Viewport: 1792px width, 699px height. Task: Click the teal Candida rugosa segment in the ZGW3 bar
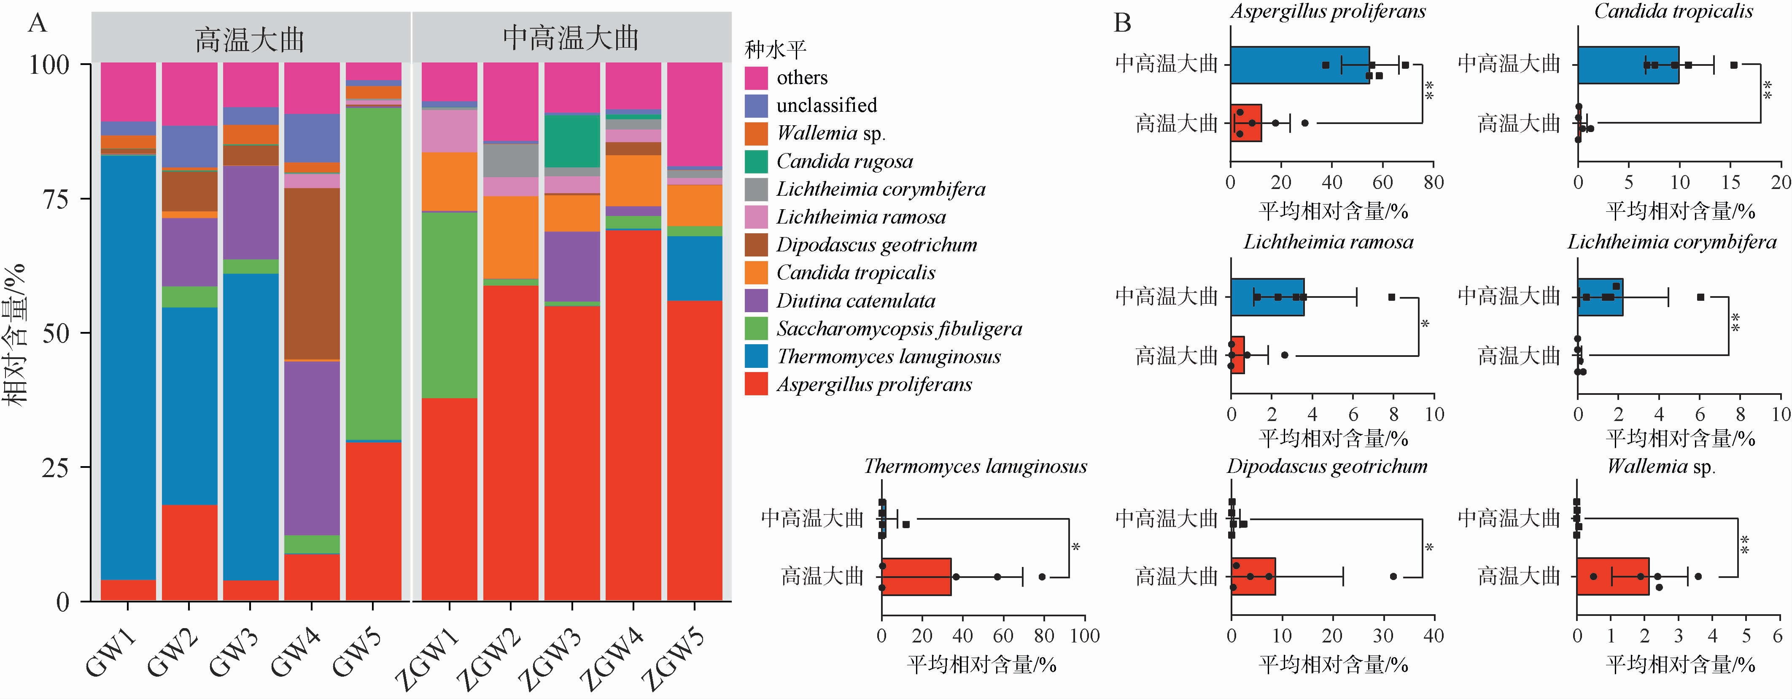click(x=572, y=140)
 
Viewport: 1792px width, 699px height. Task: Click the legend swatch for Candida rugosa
click(x=756, y=162)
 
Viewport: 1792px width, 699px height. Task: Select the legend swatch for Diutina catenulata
click(x=756, y=300)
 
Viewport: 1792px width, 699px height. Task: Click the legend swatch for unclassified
click(x=756, y=106)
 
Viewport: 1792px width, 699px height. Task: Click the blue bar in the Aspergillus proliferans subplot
click(x=1299, y=65)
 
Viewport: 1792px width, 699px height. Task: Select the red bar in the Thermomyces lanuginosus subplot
click(x=916, y=577)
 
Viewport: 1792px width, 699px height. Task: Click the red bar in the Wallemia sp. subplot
click(x=1612, y=577)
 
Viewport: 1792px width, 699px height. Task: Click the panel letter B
click(x=1122, y=23)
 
